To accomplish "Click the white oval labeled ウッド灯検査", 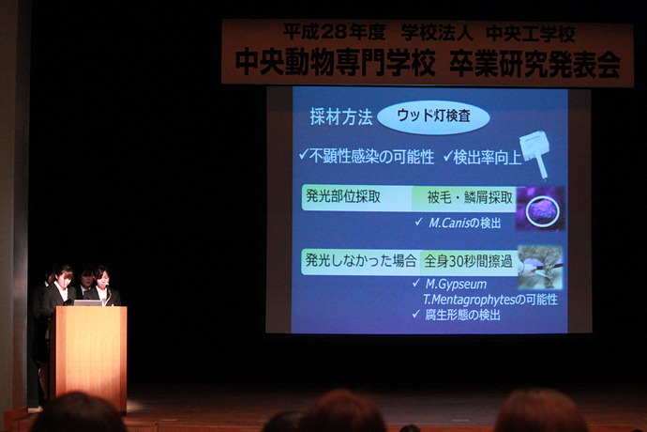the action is tap(433, 116).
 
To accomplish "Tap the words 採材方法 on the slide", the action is tap(341, 117).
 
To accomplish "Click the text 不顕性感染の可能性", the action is tap(366, 157).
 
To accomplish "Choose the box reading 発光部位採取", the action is tap(357, 198).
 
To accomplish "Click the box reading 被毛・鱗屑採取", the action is tap(464, 198).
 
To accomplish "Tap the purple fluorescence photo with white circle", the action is tap(540, 208).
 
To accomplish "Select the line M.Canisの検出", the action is tap(458, 223).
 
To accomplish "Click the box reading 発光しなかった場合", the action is tap(361, 262).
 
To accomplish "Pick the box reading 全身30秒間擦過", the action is tap(469, 262).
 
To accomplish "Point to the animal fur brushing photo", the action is tap(540, 267).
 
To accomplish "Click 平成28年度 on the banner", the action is tap(334, 32).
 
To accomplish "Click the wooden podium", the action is tap(89, 356).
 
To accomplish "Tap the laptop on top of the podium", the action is tap(88, 303).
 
